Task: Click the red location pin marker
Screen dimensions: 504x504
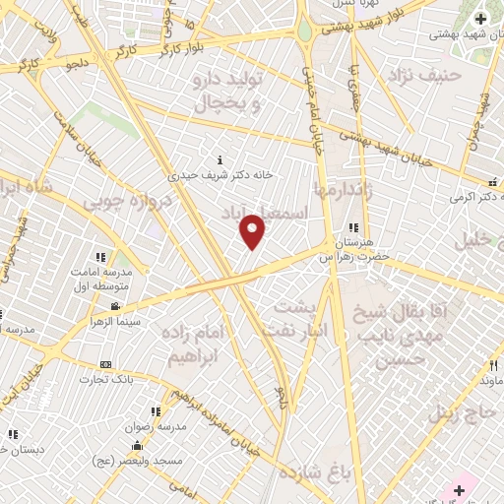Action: (x=253, y=231)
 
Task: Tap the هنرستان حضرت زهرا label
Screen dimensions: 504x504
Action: (x=353, y=249)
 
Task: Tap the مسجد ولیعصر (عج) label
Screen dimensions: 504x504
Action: (x=131, y=460)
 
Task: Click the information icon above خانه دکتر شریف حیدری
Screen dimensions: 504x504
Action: (x=220, y=159)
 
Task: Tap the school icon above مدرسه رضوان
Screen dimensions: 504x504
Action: (x=155, y=412)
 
